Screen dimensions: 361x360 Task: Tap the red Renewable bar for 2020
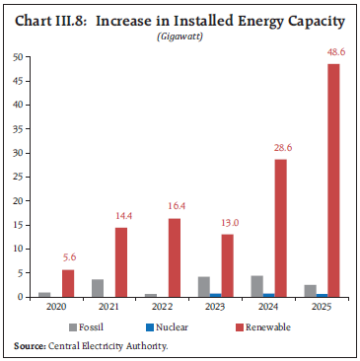68,283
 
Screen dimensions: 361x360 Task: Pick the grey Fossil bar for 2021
98,288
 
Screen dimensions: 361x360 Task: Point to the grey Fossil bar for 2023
204,286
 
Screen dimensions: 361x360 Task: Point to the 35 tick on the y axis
19,128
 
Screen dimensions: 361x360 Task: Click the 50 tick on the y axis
19,57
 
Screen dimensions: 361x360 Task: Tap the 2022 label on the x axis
164,307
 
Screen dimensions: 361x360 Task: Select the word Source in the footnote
31,344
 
